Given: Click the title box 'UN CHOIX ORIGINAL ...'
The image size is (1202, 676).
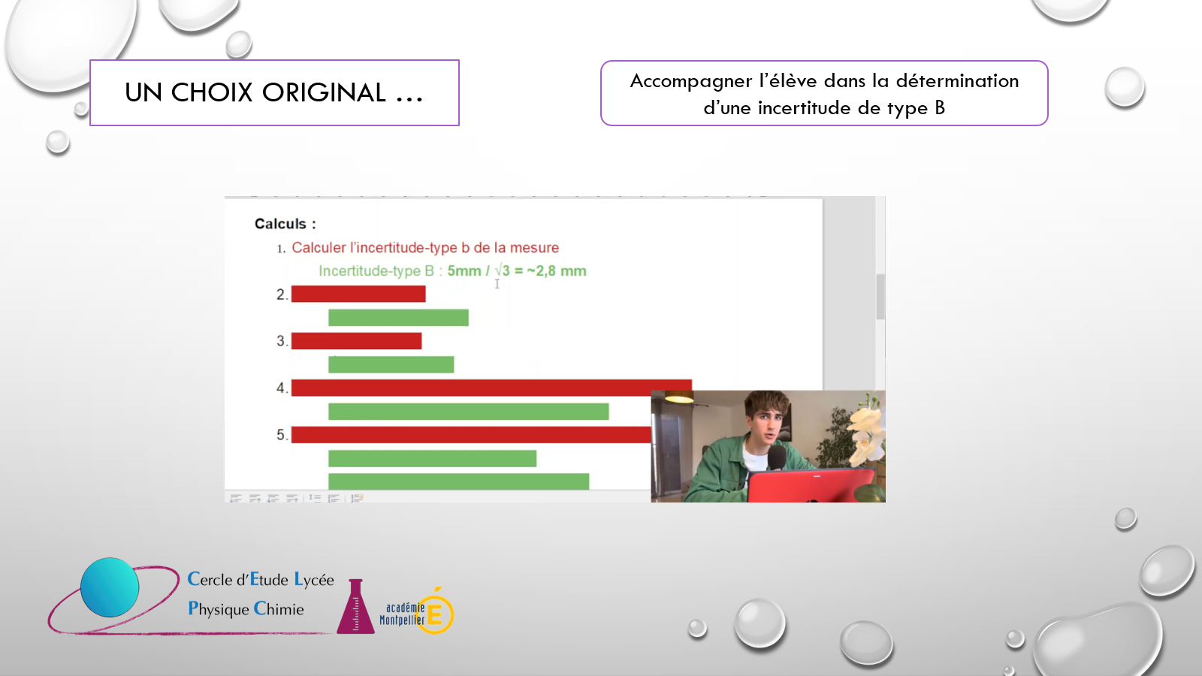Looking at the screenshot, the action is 274,93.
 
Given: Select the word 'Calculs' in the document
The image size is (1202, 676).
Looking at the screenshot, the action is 280,224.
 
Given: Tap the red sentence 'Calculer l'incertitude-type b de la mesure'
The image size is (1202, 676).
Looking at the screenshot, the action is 425,248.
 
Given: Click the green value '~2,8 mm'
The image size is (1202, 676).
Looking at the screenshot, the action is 557,271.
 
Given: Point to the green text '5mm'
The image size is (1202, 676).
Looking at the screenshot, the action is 464,271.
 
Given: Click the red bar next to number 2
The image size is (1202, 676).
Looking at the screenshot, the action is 358,294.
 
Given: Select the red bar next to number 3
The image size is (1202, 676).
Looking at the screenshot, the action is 356,341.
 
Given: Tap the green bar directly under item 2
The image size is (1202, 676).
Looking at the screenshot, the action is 398,318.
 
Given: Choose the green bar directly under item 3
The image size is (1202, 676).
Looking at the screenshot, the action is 391,364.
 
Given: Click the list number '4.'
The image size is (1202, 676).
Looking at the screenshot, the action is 282,388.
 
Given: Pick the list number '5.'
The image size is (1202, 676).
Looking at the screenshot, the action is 282,435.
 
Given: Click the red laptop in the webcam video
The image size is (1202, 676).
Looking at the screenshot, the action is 811,485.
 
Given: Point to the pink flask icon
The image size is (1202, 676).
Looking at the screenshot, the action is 355,607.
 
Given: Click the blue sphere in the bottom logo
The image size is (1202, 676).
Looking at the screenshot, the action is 110,587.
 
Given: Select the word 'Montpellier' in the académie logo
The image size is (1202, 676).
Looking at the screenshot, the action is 402,620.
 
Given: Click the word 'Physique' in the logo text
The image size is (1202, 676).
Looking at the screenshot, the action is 219,609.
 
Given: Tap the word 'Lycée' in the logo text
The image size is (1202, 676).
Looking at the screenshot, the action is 314,579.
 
